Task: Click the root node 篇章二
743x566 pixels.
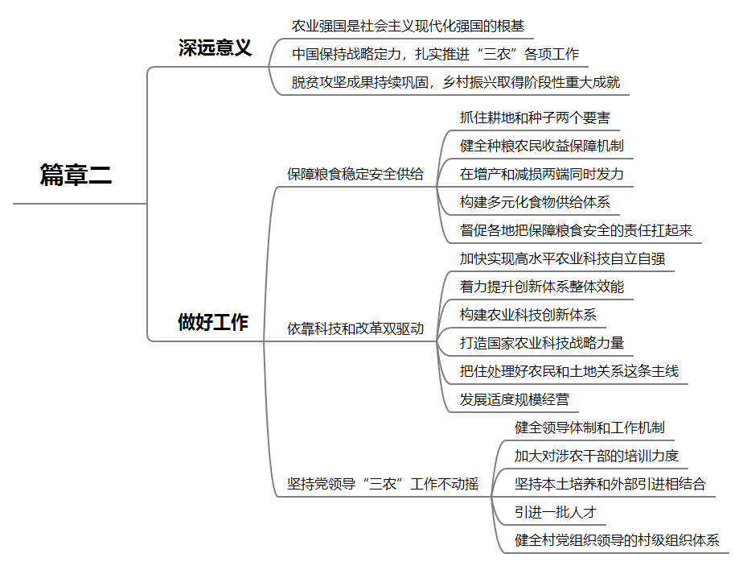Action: coord(76,175)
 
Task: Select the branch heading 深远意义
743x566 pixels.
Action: coord(215,48)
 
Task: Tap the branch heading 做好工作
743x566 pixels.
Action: coord(213,323)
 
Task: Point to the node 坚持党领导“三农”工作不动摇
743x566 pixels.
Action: coord(383,484)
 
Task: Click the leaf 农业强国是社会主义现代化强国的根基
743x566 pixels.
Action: coord(408,26)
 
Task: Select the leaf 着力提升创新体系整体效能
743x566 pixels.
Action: coord(541,287)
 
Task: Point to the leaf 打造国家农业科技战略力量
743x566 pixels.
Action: coord(541,342)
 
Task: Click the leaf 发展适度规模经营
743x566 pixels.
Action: coord(514,399)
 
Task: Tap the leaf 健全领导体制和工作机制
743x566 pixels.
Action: coord(589,428)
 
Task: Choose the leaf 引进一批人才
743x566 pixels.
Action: coord(555,512)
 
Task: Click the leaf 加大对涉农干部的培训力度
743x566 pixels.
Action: coord(596,456)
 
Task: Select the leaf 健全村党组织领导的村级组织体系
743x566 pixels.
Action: coord(617,540)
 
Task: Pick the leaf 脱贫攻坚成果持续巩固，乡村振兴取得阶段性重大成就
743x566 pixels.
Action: coord(455,82)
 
